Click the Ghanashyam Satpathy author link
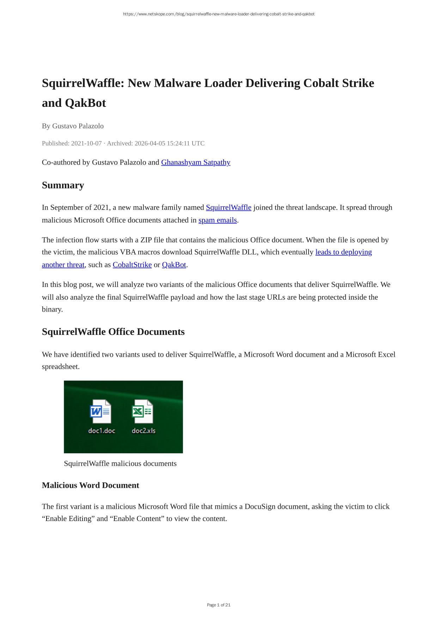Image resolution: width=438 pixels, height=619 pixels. point(195,163)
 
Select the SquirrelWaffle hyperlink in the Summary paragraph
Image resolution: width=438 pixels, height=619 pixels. point(229,208)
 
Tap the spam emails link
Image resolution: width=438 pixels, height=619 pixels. point(217,220)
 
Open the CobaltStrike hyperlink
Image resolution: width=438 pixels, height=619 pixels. point(132,265)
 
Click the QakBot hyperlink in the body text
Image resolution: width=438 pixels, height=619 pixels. point(174,265)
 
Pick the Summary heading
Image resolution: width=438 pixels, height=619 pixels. point(63,185)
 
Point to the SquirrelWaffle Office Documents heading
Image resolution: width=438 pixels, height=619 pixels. point(113,332)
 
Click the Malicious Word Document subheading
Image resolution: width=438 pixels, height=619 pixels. point(90,485)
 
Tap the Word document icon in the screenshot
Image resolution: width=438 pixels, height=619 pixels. point(101,411)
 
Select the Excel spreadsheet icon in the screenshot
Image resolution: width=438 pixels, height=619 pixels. point(142,411)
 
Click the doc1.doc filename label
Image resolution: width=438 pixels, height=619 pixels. point(102,430)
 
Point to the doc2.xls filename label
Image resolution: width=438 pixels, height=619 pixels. point(144,430)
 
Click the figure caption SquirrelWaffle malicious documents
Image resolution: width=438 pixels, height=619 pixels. point(120,464)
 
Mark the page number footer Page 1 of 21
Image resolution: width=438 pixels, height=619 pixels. point(219,605)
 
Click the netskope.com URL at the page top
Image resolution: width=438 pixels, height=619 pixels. point(219,14)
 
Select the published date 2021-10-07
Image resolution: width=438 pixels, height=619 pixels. point(86,143)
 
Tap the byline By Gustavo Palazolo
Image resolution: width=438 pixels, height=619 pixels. point(73,126)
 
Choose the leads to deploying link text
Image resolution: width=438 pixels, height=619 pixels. point(343,252)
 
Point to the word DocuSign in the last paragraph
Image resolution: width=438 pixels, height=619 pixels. point(260,507)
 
